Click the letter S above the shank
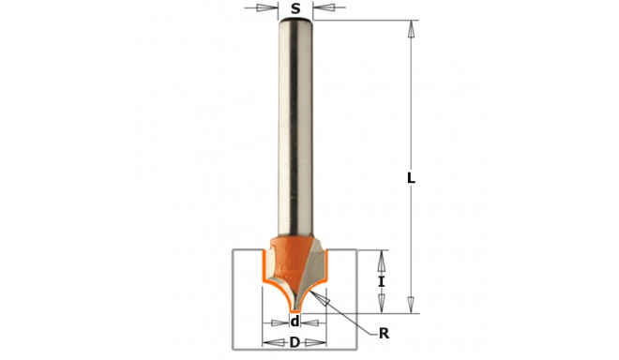295,8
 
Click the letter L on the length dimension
411,178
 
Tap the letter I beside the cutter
381,282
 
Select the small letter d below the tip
294,322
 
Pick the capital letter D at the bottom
294,342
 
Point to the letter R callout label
384,334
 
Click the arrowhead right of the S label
324,7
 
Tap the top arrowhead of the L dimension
411,29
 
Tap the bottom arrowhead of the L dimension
411,305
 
